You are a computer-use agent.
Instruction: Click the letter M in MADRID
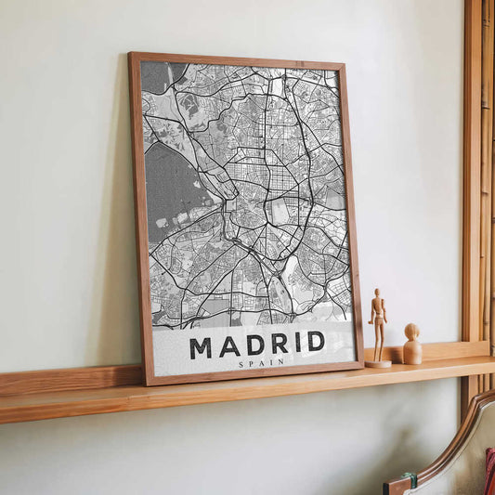click(x=201, y=348)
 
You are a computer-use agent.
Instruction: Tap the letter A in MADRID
click(x=228, y=346)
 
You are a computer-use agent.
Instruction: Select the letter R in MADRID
click(x=277, y=344)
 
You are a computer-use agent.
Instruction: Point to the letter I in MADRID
click(x=295, y=343)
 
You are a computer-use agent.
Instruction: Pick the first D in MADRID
click(x=254, y=345)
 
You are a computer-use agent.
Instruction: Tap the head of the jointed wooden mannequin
click(x=376, y=293)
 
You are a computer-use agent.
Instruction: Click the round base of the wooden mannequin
click(x=378, y=364)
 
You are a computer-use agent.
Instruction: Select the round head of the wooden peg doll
click(x=411, y=332)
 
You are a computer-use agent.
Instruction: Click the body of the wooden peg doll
click(x=412, y=353)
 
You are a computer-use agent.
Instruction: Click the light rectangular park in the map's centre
click(x=279, y=213)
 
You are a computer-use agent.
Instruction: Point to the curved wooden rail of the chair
click(x=455, y=437)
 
